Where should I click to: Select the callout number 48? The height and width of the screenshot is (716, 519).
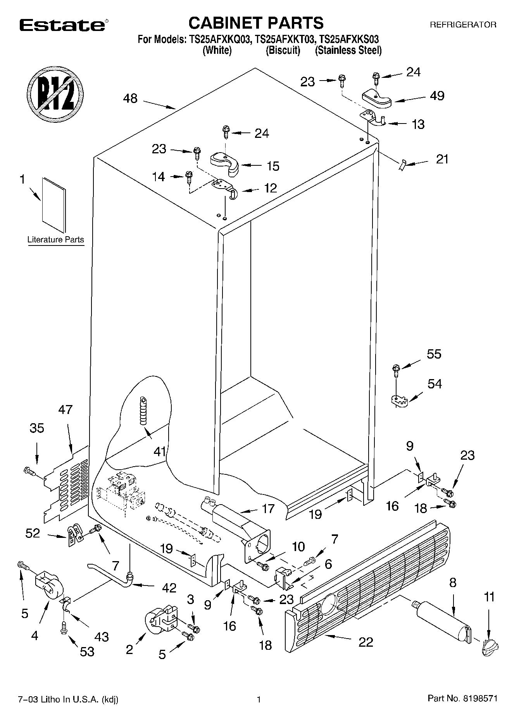coord(130,98)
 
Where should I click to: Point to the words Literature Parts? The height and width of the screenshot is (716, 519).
coord(55,240)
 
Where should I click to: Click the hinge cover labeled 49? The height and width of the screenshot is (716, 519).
coord(377,99)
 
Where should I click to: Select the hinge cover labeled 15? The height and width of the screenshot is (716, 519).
coord(225,162)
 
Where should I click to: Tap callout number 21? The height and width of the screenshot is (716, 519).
coord(442,159)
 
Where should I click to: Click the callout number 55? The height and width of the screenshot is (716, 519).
coord(434,354)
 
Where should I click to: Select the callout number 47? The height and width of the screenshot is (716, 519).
coord(65,409)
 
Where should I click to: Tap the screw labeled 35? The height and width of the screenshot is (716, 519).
coord(29,471)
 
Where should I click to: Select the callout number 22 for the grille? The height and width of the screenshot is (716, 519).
coord(366,642)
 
